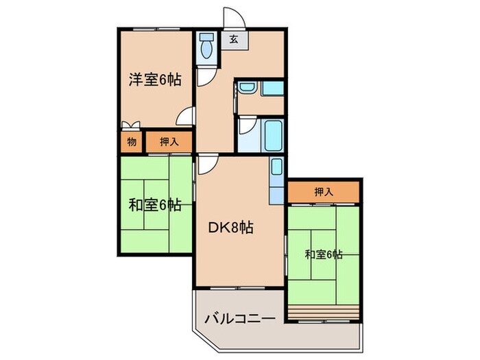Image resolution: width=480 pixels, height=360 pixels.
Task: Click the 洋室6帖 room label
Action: pyautogui.click(x=155, y=80)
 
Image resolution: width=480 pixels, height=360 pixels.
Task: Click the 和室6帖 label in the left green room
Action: pyautogui.click(x=155, y=204)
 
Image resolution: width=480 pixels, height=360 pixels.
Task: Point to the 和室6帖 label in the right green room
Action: pyautogui.click(x=324, y=255)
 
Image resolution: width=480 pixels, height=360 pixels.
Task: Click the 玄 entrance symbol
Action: pyautogui.click(x=234, y=39)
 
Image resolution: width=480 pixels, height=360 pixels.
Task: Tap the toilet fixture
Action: pyautogui.click(x=206, y=47)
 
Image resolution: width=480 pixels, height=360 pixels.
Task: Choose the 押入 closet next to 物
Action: pyautogui.click(x=169, y=142)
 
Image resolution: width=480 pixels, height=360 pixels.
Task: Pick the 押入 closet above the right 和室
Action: pyautogui.click(x=324, y=192)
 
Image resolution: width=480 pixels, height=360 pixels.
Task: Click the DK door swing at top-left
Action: pyautogui.click(x=206, y=164)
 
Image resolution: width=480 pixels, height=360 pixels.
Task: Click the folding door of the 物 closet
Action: pyautogui.click(x=131, y=125)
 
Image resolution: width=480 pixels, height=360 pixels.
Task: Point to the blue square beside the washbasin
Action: pyautogui.click(x=273, y=88)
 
